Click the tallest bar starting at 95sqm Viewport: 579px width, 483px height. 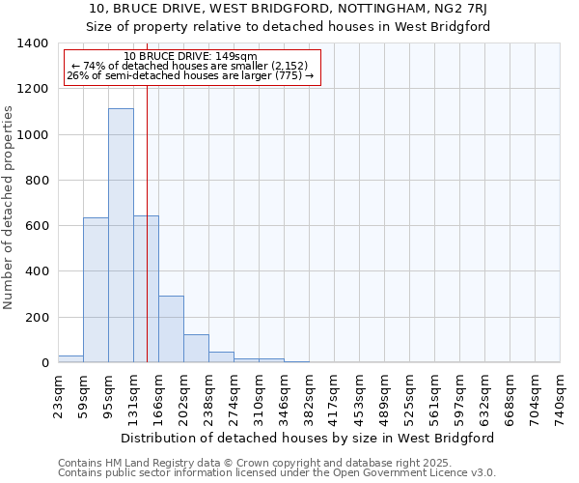click(x=121, y=236)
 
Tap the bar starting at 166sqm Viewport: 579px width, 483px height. click(x=171, y=329)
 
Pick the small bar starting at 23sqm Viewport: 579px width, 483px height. click(x=70, y=358)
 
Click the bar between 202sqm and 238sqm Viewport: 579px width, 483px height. click(x=196, y=349)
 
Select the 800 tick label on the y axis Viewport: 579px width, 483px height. click(x=36, y=181)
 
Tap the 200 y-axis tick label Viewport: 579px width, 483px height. click(x=36, y=318)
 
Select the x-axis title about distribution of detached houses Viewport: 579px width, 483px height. click(x=308, y=438)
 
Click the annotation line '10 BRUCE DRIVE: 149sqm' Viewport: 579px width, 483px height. click(x=190, y=56)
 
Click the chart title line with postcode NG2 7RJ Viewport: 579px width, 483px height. click(x=289, y=9)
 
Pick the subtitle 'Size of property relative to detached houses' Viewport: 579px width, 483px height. click(x=289, y=26)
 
